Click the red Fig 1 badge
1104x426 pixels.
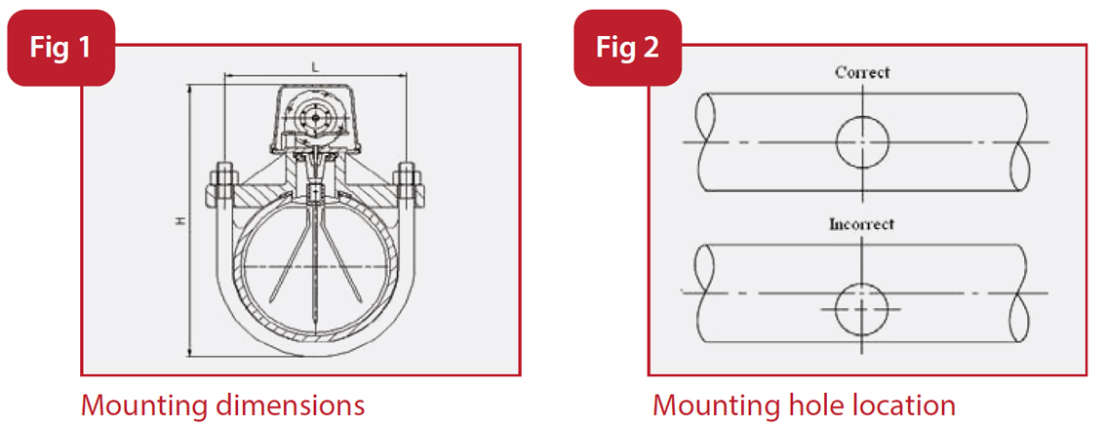click(x=60, y=48)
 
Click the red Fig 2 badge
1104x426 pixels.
click(x=626, y=48)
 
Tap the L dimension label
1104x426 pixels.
click(x=313, y=65)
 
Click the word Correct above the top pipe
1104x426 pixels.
click(x=862, y=72)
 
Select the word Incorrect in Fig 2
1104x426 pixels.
click(x=861, y=223)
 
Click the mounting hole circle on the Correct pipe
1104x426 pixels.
click(x=862, y=142)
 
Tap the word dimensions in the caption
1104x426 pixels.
click(x=292, y=405)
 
